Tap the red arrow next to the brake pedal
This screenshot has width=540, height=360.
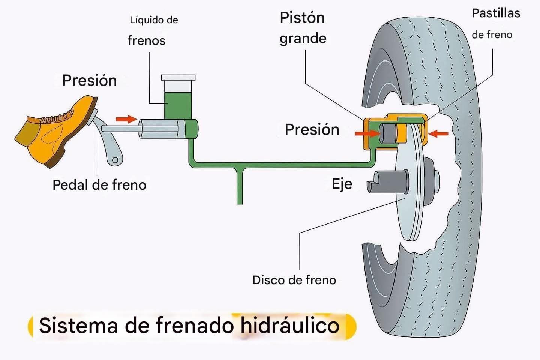pyautogui.click(x=126, y=119)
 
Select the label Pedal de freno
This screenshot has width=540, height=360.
pyautogui.click(x=99, y=185)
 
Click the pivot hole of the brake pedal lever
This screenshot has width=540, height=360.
pyautogui.click(x=115, y=160)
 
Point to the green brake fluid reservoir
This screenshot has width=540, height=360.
pyautogui.click(x=178, y=105)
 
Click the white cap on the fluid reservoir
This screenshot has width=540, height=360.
pyautogui.click(x=178, y=78)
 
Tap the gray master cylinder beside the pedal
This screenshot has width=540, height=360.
pyautogui.click(x=159, y=129)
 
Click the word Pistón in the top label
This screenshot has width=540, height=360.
pyautogui.click(x=302, y=18)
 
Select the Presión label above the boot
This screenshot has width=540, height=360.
pyautogui.click(x=89, y=80)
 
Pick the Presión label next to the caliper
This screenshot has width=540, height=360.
pyautogui.click(x=312, y=129)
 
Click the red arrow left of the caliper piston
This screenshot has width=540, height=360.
pyautogui.click(x=366, y=133)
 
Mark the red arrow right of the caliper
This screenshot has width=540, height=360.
pyautogui.click(x=439, y=133)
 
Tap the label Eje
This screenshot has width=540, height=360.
pyautogui.click(x=342, y=184)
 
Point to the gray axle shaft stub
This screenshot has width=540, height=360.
pyautogui.click(x=386, y=182)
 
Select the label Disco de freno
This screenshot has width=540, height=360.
pyautogui.click(x=294, y=280)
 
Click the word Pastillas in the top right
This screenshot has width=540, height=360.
pyautogui.click(x=496, y=13)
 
